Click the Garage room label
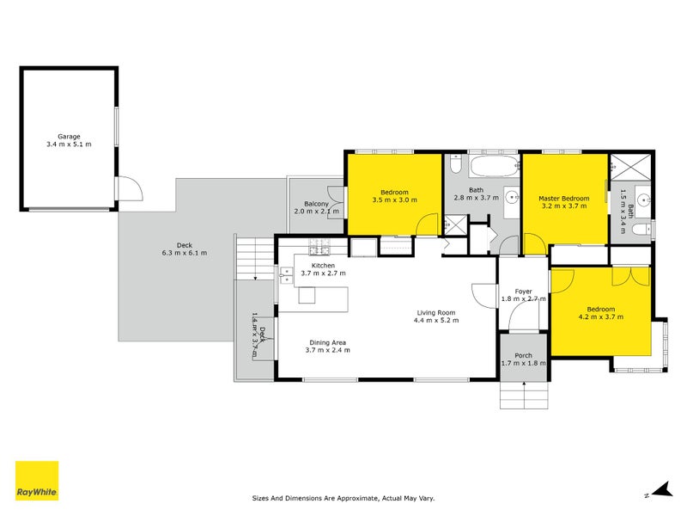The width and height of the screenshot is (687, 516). tap(69, 136)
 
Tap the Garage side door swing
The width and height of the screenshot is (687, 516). tap(126, 187)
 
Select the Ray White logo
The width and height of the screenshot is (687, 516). tap(37, 481)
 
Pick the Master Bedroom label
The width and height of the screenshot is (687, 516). tap(563, 198)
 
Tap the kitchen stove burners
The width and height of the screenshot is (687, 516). tap(320, 249)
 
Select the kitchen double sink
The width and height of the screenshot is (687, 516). tap(285, 275)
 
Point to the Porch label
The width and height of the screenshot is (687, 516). tap(523, 355)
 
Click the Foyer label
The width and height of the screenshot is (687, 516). tap(523, 291)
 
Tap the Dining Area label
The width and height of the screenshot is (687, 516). tap(329, 341)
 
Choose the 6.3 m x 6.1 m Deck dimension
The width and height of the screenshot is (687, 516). tap(185, 253)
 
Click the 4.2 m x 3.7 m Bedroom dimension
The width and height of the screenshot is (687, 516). tap(600, 317)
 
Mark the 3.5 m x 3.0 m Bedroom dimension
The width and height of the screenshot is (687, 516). tap(394, 200)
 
